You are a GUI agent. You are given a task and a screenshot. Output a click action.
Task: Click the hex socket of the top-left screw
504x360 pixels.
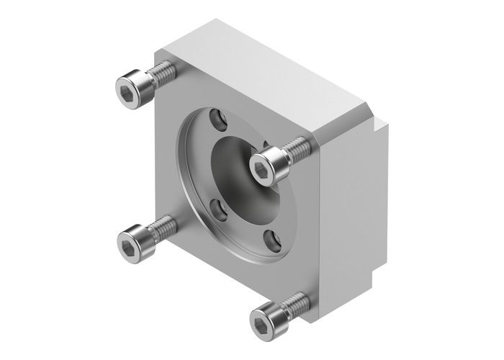[127, 89]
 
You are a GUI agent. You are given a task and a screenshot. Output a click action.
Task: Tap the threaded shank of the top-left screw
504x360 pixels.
[163, 72]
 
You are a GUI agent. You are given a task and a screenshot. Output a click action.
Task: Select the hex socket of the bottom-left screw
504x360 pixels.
[128, 238]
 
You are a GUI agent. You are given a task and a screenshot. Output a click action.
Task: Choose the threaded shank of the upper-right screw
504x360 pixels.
[297, 150]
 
